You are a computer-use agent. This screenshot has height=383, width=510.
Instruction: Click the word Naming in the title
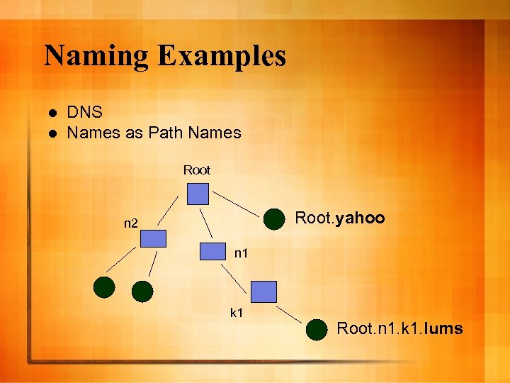[x=96, y=56]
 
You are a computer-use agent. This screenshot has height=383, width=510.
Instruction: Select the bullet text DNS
[x=85, y=112]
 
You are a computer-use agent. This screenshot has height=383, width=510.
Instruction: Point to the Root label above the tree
[x=197, y=170]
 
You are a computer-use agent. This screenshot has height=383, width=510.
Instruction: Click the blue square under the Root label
[x=198, y=194]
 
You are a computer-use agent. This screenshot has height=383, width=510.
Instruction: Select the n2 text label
[x=130, y=224]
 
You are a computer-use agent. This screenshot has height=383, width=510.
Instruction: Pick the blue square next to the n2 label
[x=153, y=238]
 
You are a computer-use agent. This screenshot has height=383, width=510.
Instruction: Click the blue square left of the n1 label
[x=212, y=252]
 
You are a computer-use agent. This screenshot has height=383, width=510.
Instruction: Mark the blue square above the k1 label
[x=264, y=292]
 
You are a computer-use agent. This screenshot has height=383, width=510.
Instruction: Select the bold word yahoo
[x=361, y=218]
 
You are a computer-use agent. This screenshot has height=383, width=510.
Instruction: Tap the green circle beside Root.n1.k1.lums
[x=317, y=329]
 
